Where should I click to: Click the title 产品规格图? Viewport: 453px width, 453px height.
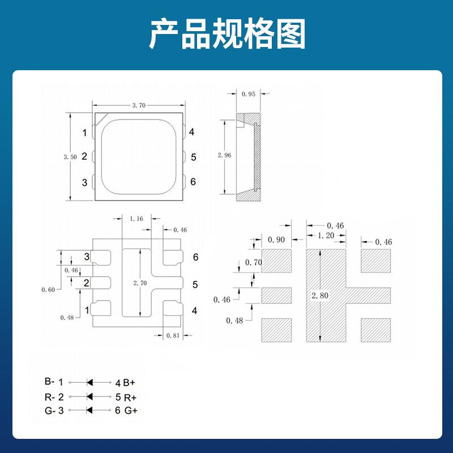[x=227, y=35]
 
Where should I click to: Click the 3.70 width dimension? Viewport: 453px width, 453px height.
[x=139, y=105]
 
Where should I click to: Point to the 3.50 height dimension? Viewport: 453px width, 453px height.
[x=70, y=157]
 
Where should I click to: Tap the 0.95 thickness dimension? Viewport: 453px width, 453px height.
[x=248, y=94]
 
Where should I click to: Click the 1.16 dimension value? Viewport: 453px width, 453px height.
[x=136, y=218]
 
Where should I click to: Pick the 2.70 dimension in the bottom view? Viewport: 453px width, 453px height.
[x=140, y=283]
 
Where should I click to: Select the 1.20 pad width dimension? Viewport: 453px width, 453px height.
[x=325, y=236]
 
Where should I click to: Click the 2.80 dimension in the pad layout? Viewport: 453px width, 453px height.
[x=320, y=295]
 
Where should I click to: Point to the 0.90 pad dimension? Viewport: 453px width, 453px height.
[x=276, y=240]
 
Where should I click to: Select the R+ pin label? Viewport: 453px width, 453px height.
[x=130, y=396]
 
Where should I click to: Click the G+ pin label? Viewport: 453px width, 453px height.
[x=131, y=411]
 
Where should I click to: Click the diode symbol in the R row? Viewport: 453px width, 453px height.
[x=89, y=396]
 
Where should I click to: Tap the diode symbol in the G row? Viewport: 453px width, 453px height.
[x=89, y=411]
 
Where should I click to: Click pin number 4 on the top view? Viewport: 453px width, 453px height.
[x=192, y=132]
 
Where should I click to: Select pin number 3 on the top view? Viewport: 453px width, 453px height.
[x=84, y=182]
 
